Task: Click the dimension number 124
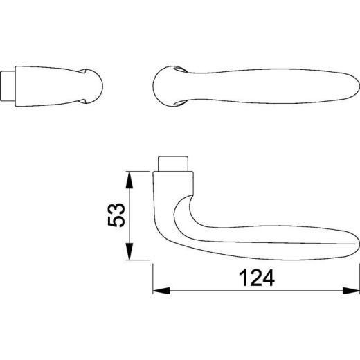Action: coord(255,278)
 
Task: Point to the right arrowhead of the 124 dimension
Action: coord(354,289)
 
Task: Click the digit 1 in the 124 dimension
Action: coord(242,278)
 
